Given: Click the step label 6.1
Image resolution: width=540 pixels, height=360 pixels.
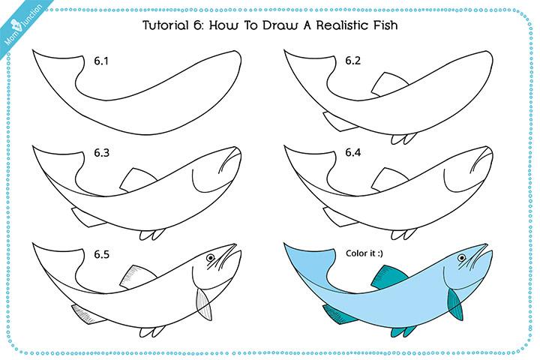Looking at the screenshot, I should click(102, 59).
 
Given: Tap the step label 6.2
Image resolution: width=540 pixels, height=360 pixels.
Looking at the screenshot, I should click(353, 59).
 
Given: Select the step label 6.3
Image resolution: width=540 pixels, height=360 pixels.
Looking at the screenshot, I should click(102, 153).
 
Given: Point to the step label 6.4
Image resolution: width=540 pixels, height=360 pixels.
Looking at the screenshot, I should click(353, 153).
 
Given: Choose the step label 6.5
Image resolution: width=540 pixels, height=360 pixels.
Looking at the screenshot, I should click(102, 254).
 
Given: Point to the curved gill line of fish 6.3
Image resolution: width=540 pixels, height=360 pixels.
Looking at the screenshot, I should click(196, 181).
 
